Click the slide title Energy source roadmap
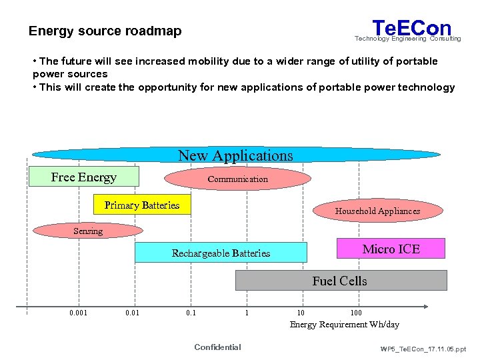[x=105, y=31]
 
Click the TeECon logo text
[x=411, y=29]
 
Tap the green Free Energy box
[x=83, y=177]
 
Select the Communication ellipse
[x=237, y=179]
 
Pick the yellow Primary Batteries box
[x=142, y=205]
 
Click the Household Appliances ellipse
[x=377, y=211]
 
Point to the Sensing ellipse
[x=88, y=231]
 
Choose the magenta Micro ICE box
[x=391, y=249]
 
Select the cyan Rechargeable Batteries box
[x=221, y=253]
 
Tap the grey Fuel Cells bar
[x=341, y=281]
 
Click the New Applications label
[x=235, y=155]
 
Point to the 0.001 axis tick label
[x=77, y=313]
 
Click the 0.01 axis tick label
[x=132, y=313]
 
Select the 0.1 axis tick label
[x=191, y=313]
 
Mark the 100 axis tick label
[x=356, y=313]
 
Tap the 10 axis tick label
[x=301, y=313]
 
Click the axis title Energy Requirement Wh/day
[x=344, y=325]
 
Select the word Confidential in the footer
[x=217, y=347]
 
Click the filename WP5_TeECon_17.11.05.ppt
[x=423, y=349]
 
